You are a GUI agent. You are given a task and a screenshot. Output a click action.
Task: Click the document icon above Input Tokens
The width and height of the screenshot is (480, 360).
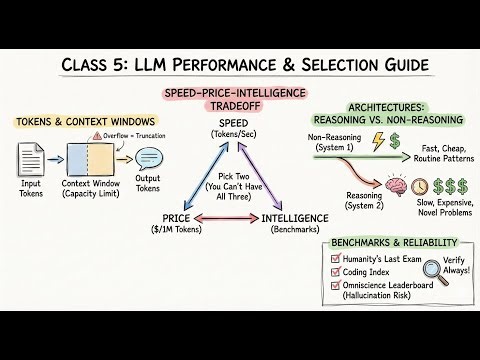(x=31, y=160)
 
